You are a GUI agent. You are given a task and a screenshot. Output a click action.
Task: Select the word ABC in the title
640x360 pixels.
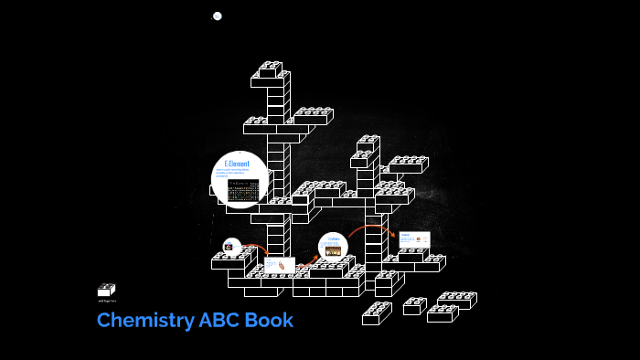221,321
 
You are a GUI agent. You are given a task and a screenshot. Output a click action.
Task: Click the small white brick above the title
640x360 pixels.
106,290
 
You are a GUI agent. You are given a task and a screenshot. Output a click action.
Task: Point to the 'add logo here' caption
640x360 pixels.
107,301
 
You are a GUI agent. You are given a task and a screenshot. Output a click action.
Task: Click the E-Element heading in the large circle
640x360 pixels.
238,163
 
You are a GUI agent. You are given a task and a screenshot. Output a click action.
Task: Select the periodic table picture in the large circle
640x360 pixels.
243,191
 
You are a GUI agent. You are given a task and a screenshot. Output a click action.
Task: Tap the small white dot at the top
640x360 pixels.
218,16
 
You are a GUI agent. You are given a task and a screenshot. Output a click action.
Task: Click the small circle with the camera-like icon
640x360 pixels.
231,247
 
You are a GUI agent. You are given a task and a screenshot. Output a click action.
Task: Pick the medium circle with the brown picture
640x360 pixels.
333,249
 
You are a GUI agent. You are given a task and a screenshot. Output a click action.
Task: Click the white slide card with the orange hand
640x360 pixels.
280,265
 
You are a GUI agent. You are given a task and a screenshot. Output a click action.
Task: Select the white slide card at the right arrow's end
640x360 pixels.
413,240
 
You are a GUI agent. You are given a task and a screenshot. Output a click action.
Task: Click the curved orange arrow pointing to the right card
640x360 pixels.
370,228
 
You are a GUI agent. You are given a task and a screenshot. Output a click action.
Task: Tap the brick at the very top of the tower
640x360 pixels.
271,68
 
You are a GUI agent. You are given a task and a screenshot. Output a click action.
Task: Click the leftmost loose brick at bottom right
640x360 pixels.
376,314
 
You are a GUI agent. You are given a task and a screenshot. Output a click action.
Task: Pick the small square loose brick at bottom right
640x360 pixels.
414,306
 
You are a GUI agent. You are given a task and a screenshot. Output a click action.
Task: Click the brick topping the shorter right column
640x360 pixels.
368,143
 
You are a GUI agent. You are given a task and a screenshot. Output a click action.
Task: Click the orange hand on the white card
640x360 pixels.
283,266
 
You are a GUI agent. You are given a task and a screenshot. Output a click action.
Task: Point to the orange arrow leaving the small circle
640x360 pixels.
255,247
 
